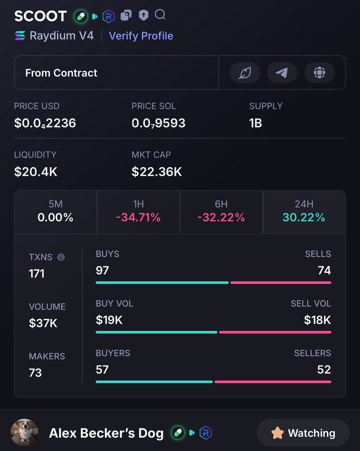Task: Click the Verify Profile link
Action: click(141, 36)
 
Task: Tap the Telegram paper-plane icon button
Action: click(282, 73)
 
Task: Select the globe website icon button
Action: click(319, 73)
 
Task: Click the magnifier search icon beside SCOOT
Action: click(160, 15)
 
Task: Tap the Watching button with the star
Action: click(303, 433)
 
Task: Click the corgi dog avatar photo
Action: click(24, 433)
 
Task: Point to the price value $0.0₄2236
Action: click(45, 123)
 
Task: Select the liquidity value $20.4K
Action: click(36, 172)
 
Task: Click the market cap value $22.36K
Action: click(157, 172)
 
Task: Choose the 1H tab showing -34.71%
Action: click(138, 212)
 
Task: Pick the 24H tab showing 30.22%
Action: click(304, 212)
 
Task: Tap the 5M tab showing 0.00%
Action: click(56, 212)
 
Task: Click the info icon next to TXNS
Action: click(61, 257)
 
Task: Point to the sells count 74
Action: click(324, 270)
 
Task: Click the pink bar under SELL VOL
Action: click(275, 332)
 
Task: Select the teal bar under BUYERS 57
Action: click(154, 382)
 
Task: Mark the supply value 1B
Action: click(256, 123)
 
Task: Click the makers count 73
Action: click(35, 373)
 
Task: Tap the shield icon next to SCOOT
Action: click(144, 15)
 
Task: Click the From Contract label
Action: click(61, 73)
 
